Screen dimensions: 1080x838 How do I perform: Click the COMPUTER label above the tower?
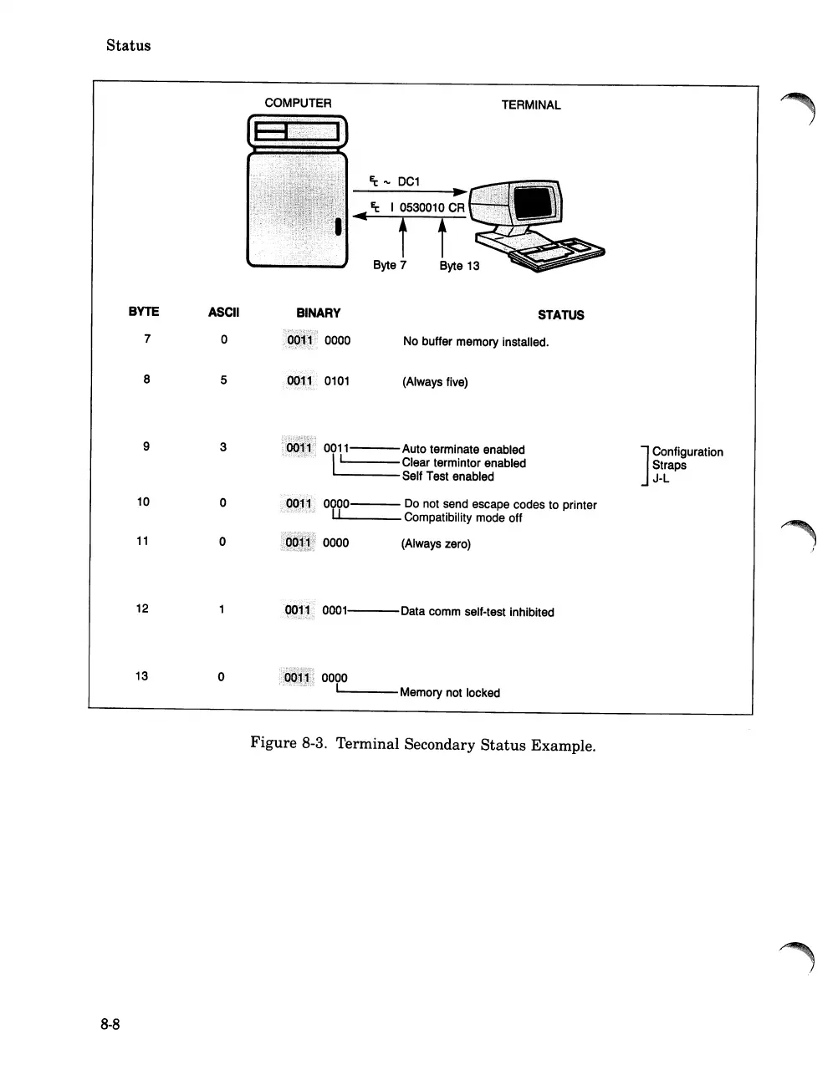click(x=298, y=103)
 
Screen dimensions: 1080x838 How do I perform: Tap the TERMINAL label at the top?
click(x=530, y=105)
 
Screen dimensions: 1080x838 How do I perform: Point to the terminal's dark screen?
click(x=533, y=202)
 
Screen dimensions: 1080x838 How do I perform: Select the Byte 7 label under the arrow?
click(x=390, y=265)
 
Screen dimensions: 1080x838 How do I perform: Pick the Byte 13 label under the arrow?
click(x=459, y=266)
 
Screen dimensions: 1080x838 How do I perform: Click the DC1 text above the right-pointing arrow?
click(x=409, y=181)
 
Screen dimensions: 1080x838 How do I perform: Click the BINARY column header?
click(x=318, y=313)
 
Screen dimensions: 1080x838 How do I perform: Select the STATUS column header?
click(x=560, y=315)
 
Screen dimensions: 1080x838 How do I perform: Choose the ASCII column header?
click(x=223, y=313)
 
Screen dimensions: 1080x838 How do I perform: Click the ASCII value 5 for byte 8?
click(x=223, y=380)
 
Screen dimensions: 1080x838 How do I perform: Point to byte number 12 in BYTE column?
click(x=142, y=609)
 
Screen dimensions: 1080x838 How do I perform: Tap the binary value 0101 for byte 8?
click(x=336, y=381)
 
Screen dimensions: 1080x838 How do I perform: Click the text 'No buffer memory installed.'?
click(x=475, y=342)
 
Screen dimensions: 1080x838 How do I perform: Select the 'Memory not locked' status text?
click(x=449, y=693)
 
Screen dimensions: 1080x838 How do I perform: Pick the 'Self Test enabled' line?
click(x=447, y=476)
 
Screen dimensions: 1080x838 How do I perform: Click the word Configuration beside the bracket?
click(x=687, y=452)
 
